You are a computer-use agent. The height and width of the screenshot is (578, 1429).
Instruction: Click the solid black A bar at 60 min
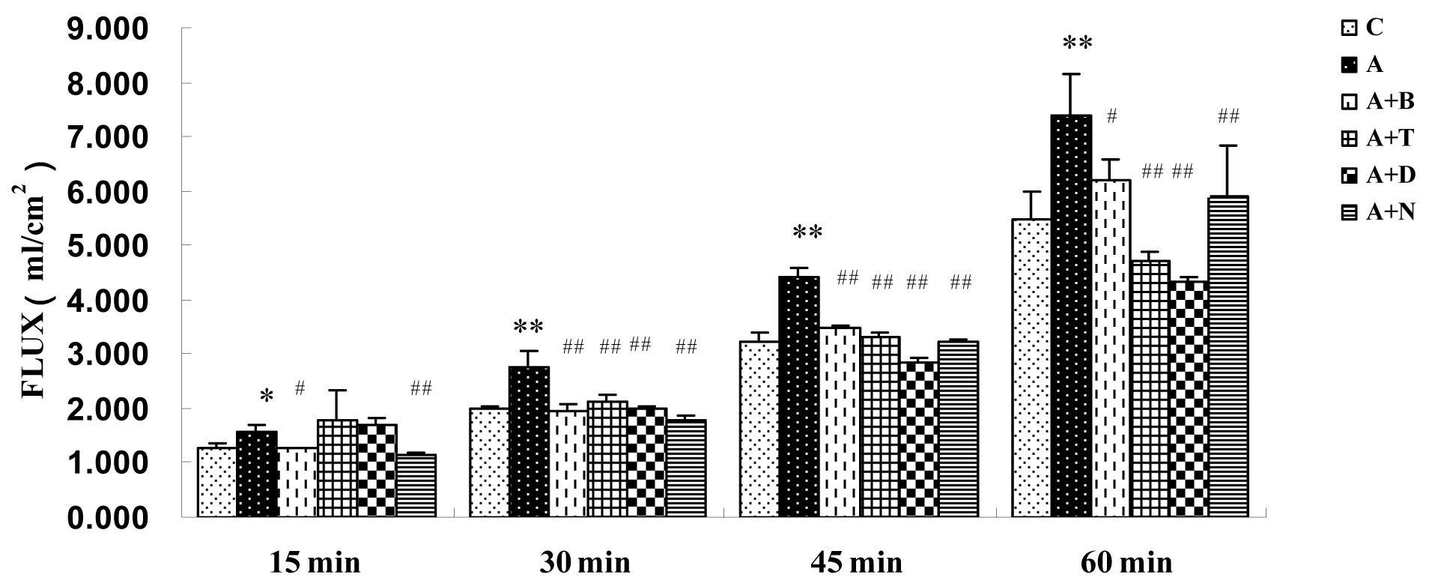coord(1071,315)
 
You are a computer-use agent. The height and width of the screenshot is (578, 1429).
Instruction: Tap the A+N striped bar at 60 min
coord(1228,356)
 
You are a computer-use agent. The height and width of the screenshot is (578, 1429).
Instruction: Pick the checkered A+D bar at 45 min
coord(918,439)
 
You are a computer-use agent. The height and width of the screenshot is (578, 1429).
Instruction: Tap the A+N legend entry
coord(1377,213)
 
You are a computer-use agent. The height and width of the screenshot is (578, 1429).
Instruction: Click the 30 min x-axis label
coord(585,562)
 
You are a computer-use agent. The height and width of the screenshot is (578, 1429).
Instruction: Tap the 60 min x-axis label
coord(1126,562)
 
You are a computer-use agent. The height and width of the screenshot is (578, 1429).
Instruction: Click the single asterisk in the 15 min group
coord(266,396)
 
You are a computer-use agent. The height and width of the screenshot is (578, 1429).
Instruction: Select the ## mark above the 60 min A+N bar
coord(1228,116)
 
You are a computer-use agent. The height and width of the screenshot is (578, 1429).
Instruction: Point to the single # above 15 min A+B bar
coord(300,388)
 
